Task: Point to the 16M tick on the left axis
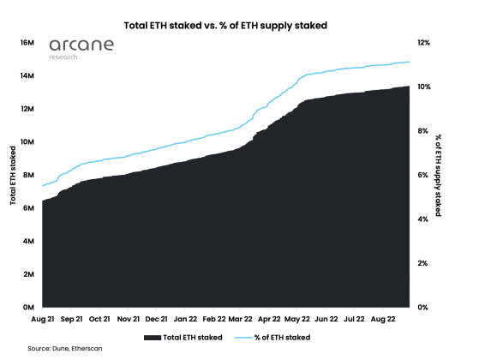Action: pyautogui.click(x=26, y=42)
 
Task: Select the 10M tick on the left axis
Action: pyautogui.click(x=26, y=141)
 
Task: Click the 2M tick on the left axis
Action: pyautogui.click(x=27, y=274)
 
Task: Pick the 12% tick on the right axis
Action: pyautogui.click(x=425, y=42)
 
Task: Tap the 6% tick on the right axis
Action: pyautogui.click(x=423, y=175)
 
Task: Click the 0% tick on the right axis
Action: pyautogui.click(x=423, y=307)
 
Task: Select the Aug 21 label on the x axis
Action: pyautogui.click(x=44, y=319)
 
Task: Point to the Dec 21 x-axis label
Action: pyautogui.click(x=157, y=319)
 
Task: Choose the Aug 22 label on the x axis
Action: pyautogui.click(x=383, y=319)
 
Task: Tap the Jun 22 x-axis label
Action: pyautogui.click(x=326, y=319)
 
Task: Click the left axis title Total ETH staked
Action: pyautogui.click(x=13, y=175)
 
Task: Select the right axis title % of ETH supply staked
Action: pyautogui.click(x=438, y=175)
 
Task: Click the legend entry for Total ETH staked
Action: pyautogui.click(x=185, y=337)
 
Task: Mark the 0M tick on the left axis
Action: pyautogui.click(x=27, y=307)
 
